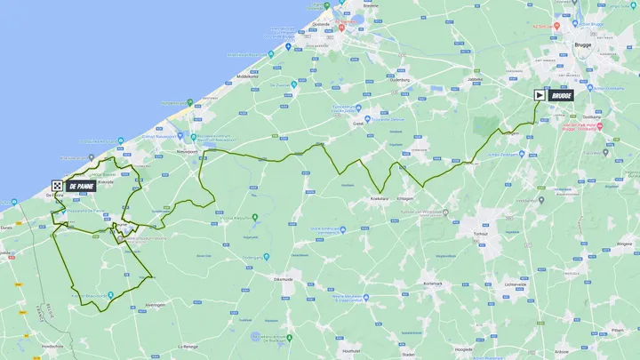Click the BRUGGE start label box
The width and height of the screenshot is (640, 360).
[x=560, y=95]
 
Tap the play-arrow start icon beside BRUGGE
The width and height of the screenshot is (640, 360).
[x=540, y=95]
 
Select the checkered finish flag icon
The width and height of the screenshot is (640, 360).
[x=57, y=186]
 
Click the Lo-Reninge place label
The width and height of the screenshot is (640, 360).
[x=187, y=346]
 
